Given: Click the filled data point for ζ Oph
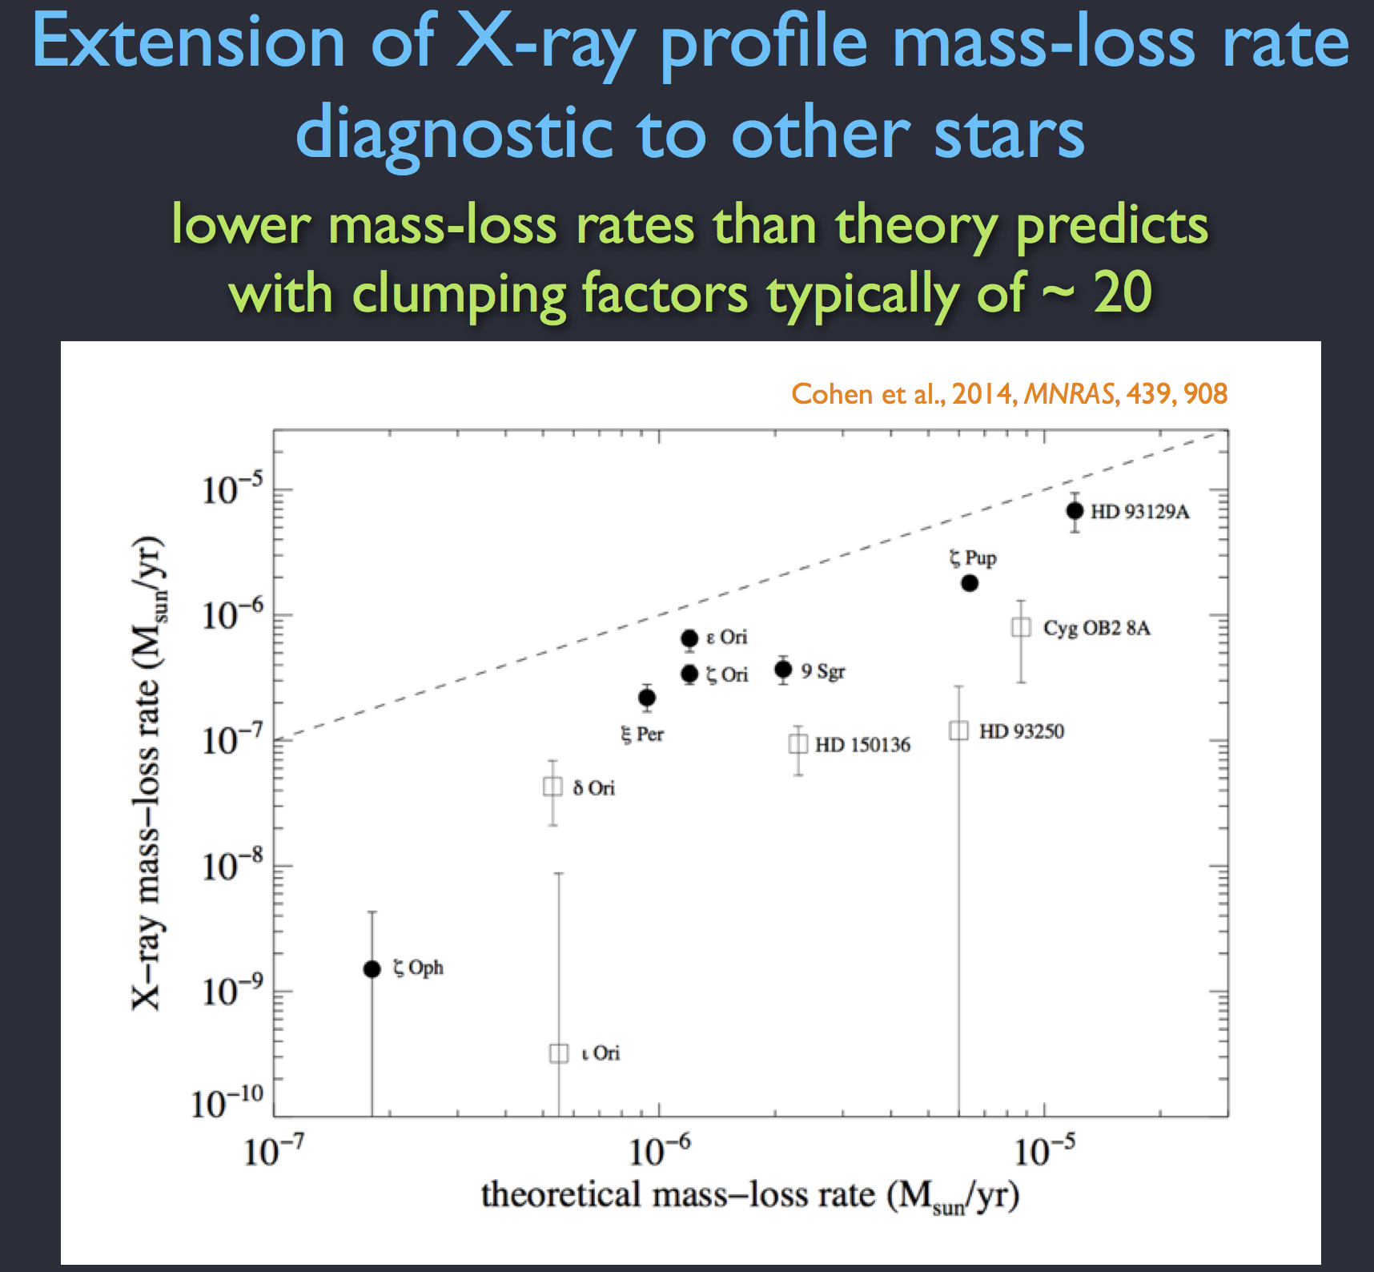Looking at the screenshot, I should coord(372,969).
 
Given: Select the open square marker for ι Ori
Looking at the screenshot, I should coord(559,1053).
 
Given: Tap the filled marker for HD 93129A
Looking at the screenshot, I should coord(1075,511).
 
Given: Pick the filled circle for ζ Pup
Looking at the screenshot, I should coord(970,583).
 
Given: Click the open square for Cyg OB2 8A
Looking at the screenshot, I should coord(1021,627).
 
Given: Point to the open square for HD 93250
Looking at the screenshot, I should coord(958,731).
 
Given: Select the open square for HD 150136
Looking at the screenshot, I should coord(798,744).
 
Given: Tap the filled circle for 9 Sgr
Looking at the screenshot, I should coord(783,669).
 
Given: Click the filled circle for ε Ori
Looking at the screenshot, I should coord(689,638).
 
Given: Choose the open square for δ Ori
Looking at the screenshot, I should coord(552,787).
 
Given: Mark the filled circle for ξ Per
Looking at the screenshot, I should coord(647,698).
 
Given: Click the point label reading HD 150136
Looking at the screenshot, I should coord(862,745).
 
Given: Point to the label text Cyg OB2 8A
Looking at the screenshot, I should coord(1096,628).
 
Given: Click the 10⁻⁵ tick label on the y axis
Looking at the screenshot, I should coord(231,490).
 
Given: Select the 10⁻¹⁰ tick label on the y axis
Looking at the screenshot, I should coord(227,1103).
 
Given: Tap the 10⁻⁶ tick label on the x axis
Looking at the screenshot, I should coord(659,1152).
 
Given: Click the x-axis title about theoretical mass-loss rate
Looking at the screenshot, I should coord(749,1196).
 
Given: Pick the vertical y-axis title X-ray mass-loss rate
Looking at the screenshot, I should coord(150,772).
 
